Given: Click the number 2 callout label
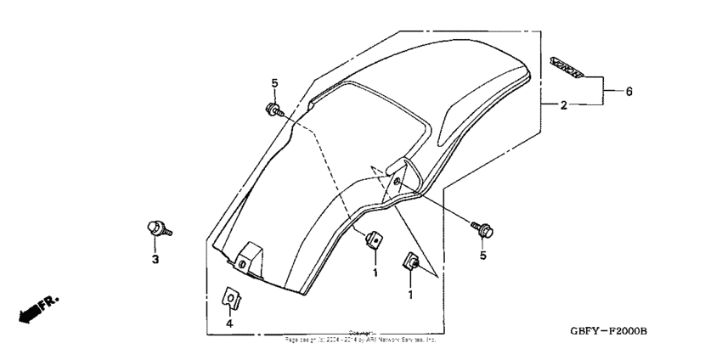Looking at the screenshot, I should pos(563,106).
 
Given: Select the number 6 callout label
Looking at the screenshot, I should pos(629,91).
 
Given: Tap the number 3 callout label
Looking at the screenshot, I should pos(155,259).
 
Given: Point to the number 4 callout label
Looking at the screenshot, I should pos(228,323).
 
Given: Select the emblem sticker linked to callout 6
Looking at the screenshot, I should pos(567,67).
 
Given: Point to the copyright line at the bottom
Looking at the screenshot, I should pos(361,337).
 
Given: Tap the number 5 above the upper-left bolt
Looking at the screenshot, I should pos(274,83).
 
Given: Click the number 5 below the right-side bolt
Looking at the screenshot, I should pos(482,255).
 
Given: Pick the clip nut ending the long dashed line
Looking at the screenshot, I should pos(371,240).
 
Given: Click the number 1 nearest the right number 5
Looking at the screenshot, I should pos(411,295).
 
